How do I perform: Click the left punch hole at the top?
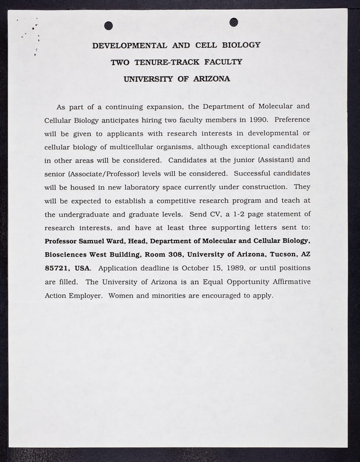coord(108,25)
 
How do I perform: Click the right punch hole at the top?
coord(234,22)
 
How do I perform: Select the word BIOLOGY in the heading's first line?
coord(240,44)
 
